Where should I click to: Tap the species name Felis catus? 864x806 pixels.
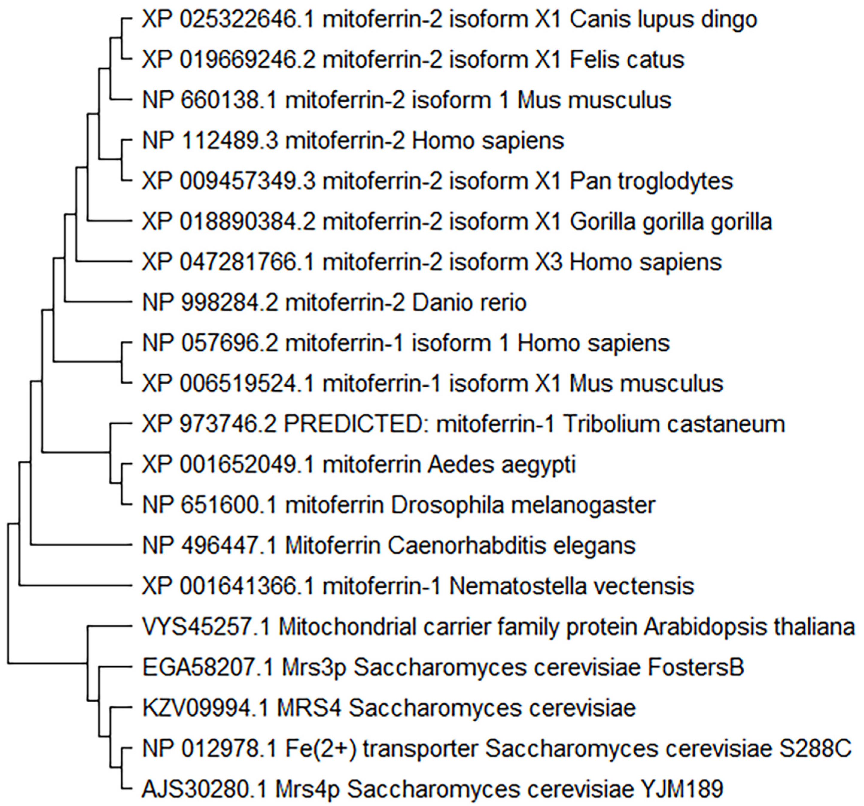point(627,60)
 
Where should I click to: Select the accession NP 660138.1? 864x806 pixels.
point(209,100)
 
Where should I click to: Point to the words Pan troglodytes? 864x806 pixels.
point(651,181)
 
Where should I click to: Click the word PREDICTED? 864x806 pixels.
point(356,424)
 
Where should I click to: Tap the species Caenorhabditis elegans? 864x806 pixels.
point(512,546)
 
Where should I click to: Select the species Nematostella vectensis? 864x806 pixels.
point(571,586)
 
